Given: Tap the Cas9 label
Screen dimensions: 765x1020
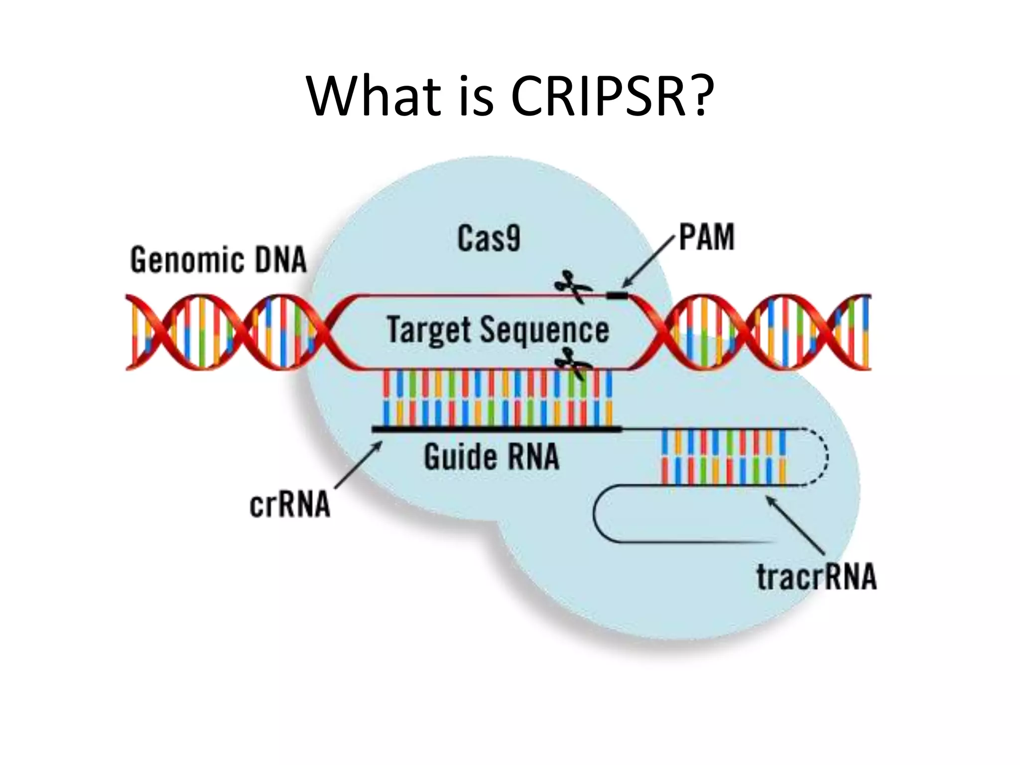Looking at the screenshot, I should tap(489, 239).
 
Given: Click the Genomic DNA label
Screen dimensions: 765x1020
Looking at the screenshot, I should tap(218, 260).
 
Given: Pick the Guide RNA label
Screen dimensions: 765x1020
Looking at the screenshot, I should tap(492, 457).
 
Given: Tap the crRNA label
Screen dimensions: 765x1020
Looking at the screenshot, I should tap(289, 505).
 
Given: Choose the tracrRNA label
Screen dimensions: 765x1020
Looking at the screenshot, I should tap(816, 577).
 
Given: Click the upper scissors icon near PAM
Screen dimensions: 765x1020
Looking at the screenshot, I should tap(573, 287).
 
